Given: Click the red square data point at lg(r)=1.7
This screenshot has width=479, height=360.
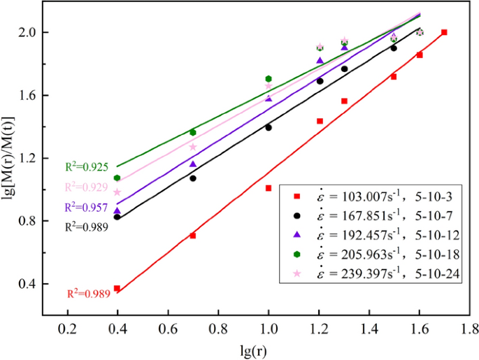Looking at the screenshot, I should [444, 32].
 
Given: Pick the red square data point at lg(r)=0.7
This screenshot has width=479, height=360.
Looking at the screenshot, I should [193, 236].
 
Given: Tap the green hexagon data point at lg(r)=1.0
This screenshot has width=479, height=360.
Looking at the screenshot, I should [269, 78].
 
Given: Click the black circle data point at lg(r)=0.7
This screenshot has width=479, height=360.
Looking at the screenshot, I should [193, 178].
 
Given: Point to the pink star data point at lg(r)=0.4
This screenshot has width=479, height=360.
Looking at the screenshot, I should [117, 192].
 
